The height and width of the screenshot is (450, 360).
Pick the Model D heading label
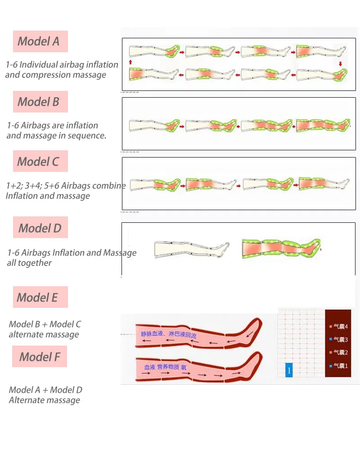pyautogui.click(x=40, y=228)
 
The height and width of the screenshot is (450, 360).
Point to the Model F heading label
pyautogui.click(x=40, y=357)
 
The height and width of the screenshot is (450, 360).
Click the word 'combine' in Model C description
pyautogui.click(x=109, y=185)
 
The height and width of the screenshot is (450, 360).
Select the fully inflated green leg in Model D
pyautogui.click(x=281, y=248)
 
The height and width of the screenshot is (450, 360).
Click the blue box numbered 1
pyautogui.click(x=289, y=370)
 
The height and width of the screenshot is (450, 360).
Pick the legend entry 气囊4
pyautogui.click(x=339, y=327)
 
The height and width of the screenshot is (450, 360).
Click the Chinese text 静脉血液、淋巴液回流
pyautogui.click(x=169, y=335)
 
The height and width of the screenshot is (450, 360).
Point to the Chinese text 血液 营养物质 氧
pyautogui.click(x=165, y=367)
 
